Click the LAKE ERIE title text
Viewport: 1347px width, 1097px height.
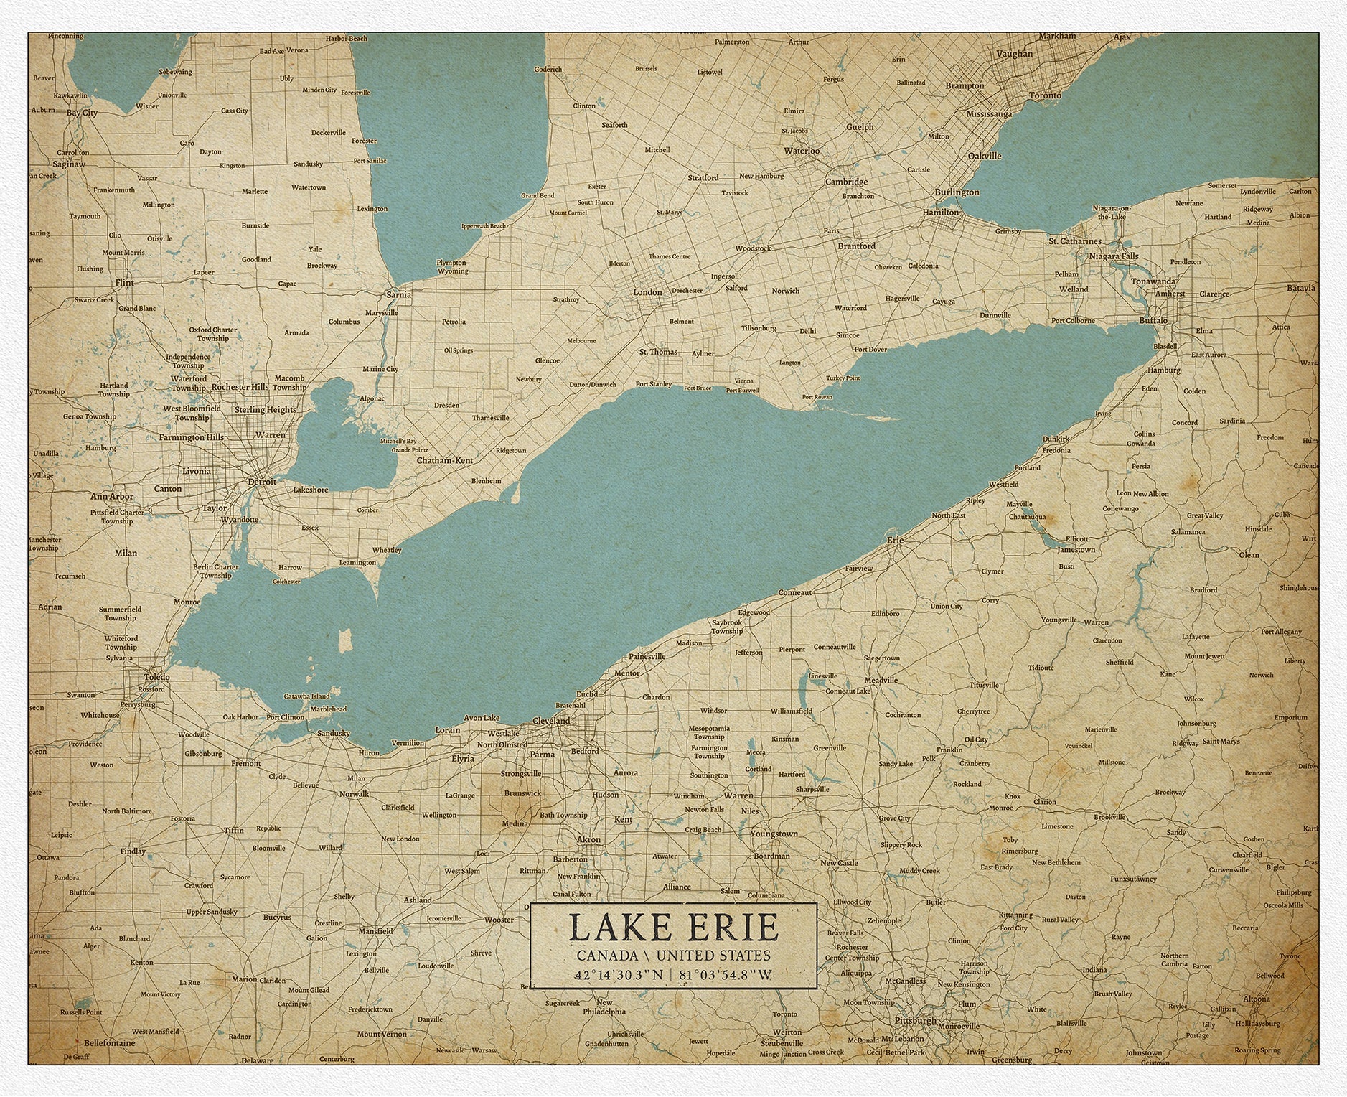coord(673,927)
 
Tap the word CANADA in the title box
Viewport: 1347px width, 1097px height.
coord(607,956)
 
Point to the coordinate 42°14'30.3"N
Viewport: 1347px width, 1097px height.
coord(618,975)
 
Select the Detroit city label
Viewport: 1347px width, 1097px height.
coord(262,482)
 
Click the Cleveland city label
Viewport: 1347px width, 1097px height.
coord(551,721)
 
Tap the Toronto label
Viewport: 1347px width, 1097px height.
coord(1045,95)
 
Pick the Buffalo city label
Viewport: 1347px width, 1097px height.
coord(1153,320)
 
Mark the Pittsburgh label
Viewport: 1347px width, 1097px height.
coord(916,1020)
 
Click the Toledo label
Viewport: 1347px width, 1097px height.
coord(156,677)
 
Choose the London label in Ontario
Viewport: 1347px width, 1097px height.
coord(647,292)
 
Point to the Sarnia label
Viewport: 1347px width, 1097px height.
coord(398,294)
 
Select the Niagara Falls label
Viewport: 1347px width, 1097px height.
coord(1113,256)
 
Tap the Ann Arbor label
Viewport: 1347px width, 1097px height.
coord(112,496)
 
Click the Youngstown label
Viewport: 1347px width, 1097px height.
coord(774,834)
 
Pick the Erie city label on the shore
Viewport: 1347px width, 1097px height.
coord(895,540)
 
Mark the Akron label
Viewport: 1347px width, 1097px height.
coord(588,839)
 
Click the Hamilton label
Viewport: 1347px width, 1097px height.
coord(941,213)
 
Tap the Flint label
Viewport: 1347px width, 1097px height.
coord(124,283)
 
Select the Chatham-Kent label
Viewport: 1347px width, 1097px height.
coord(444,460)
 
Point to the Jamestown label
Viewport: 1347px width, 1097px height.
coord(1076,550)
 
